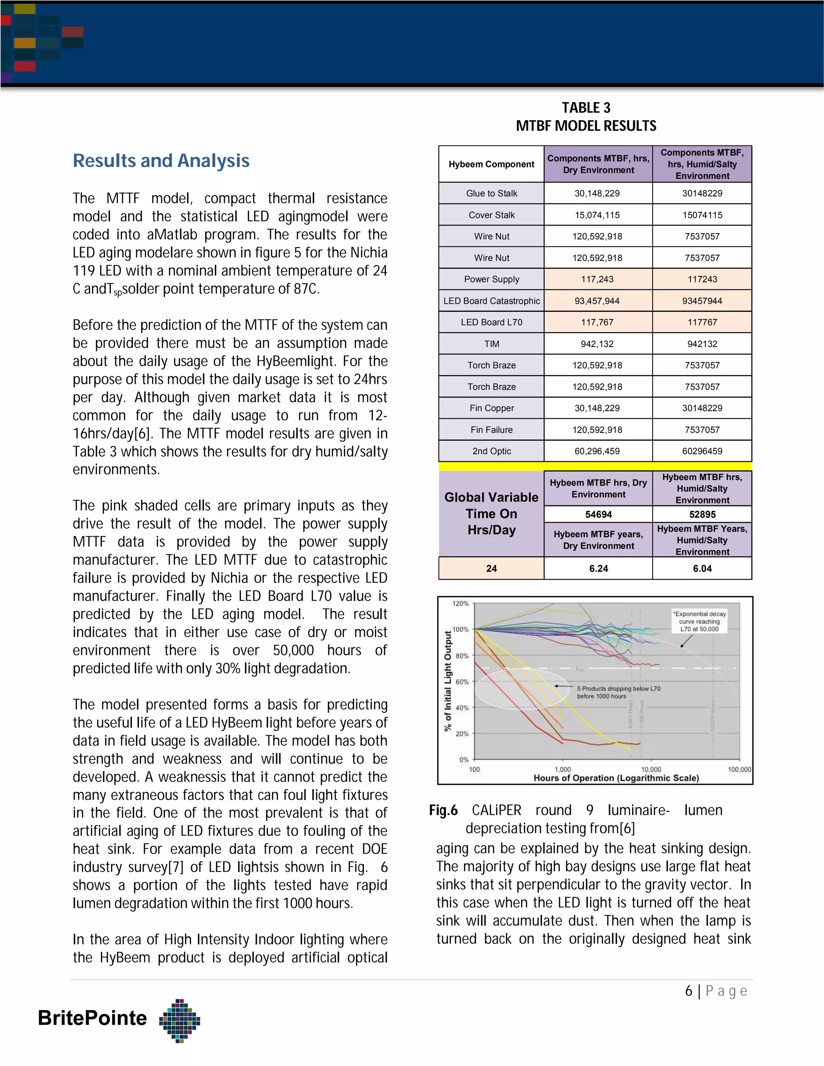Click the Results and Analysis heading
click(161, 161)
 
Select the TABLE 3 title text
click(586, 108)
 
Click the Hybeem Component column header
click(491, 165)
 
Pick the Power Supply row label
click(491, 279)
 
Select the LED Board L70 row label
click(491, 322)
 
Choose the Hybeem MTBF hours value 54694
click(598, 514)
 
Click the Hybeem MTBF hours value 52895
click(702, 514)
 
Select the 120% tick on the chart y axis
click(460, 604)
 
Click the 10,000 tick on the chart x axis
click(651, 769)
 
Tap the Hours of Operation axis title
click(616, 778)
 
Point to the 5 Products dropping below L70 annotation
click(618, 692)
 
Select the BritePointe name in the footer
click(92, 1018)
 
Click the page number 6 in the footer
click(688, 991)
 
